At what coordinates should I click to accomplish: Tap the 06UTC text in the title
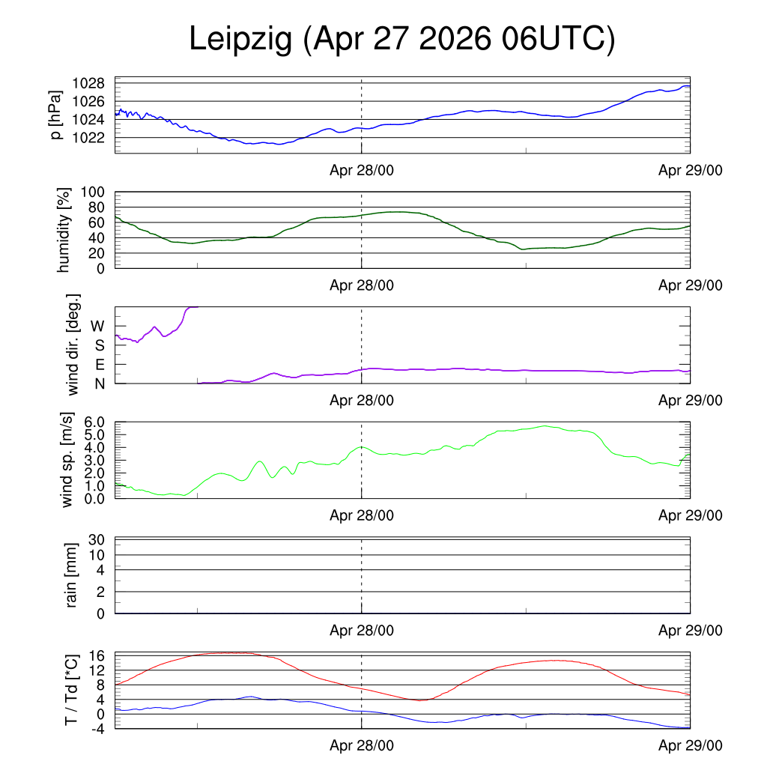[558, 39]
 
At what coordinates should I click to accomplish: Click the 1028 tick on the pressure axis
[88, 83]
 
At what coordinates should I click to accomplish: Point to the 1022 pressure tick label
[88, 138]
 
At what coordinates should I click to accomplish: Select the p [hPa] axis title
[55, 115]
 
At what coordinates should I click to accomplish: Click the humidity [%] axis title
[64, 230]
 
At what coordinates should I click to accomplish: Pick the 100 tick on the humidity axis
[92, 192]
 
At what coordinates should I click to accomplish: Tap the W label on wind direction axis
[97, 327]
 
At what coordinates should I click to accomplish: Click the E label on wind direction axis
[100, 365]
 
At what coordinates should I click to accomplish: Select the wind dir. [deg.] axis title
[73, 345]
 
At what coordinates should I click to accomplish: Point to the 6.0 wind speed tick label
[94, 422]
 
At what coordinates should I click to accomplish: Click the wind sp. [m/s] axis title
[67, 460]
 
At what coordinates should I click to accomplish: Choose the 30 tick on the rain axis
[97, 539]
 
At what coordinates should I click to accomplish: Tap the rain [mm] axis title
[71, 575]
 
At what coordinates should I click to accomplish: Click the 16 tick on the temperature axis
[97, 655]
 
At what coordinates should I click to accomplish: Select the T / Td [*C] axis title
[71, 690]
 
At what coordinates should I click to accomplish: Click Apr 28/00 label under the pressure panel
[362, 170]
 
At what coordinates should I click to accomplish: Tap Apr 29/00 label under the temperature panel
[690, 745]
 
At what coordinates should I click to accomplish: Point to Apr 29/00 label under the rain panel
[690, 631]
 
